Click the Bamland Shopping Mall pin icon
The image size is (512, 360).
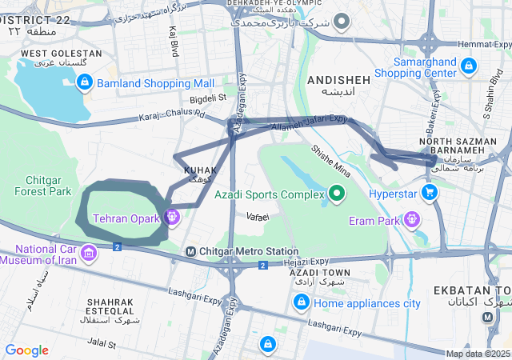pyautogui.click(x=85, y=82)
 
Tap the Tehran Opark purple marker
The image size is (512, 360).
pyautogui.click(x=171, y=217)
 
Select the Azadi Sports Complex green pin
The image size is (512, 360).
pyautogui.click(x=337, y=194)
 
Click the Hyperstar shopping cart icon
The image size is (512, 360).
pyautogui.click(x=430, y=193)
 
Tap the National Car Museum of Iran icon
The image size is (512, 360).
pyautogui.click(x=87, y=254)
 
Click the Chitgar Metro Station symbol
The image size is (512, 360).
pyautogui.click(x=190, y=251)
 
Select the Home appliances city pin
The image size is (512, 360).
pyautogui.click(x=301, y=302)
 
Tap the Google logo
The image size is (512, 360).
pyautogui.click(x=26, y=350)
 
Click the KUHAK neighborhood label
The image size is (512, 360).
pyautogui.click(x=200, y=170)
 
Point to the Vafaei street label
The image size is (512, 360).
pyautogui.click(x=258, y=217)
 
